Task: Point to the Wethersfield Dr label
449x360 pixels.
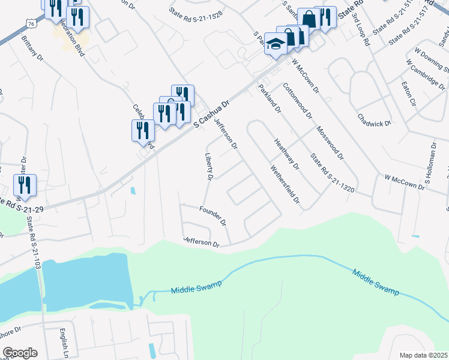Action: click(285, 184)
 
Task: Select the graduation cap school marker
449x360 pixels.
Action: click(276, 44)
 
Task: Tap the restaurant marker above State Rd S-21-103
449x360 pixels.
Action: click(25, 184)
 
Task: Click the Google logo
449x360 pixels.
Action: click(20, 353)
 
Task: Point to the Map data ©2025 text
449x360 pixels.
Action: click(423, 355)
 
